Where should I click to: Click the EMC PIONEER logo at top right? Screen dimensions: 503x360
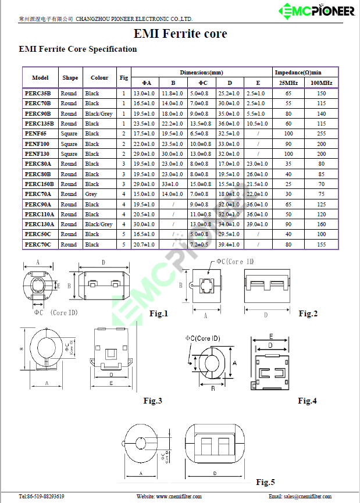316,10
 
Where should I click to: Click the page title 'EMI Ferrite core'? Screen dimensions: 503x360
180,34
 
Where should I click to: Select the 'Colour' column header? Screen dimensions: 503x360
99,78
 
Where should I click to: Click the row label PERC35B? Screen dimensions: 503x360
38,93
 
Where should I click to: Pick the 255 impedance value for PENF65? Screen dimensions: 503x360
322,134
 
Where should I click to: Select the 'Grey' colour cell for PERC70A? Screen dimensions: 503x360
91,194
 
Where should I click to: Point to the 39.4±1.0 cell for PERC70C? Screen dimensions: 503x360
230,245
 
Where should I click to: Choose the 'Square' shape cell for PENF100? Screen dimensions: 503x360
69,144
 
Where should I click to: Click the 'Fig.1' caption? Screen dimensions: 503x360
158,314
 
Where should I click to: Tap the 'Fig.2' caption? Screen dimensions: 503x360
308,314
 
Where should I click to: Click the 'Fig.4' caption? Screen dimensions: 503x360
307,401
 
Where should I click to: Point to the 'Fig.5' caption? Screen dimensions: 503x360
265,482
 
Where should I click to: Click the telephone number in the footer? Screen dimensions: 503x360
42,497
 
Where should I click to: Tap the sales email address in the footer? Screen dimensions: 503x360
300,497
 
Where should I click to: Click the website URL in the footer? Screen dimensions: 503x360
169,497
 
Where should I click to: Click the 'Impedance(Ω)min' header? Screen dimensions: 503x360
297,73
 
